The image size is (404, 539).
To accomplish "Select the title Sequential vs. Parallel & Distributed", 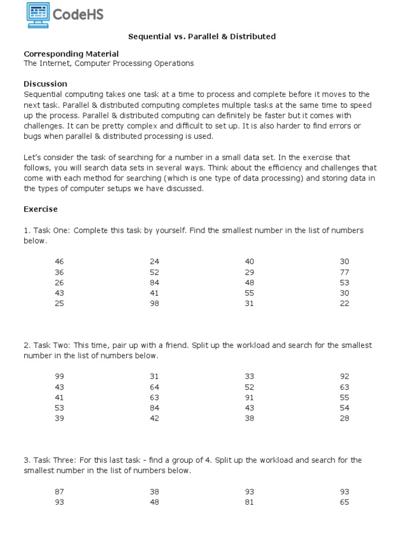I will [202, 36].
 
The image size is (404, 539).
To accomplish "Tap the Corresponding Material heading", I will [71, 54].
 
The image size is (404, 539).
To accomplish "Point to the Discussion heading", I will [45, 84].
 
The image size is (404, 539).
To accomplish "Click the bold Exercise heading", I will [41, 209].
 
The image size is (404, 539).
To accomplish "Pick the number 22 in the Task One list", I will [344, 303].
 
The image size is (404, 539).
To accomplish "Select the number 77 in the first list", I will [344, 272].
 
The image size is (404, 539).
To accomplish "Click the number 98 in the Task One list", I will [154, 303].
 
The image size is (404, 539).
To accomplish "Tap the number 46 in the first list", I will [59, 262].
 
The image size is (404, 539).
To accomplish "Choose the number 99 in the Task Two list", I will [59, 376].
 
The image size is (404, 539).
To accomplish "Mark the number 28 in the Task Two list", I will [344, 418].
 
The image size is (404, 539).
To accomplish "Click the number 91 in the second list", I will [249, 397].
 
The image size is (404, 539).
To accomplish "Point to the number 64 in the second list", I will [154, 387].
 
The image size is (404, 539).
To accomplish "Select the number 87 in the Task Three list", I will [59, 492].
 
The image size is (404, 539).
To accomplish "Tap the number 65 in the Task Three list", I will [344, 502].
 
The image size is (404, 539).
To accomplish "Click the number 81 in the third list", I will [249, 502].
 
